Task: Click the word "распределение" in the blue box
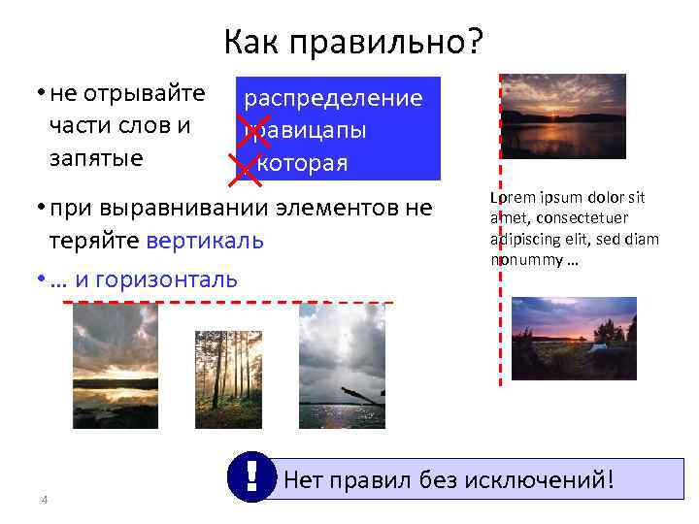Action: click(x=333, y=98)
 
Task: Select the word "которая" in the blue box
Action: click(x=302, y=162)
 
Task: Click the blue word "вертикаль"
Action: click(x=205, y=241)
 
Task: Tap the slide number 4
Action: click(x=44, y=500)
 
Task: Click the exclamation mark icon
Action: click(x=250, y=475)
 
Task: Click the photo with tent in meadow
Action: click(x=574, y=325)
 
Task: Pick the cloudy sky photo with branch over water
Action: click(x=342, y=367)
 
